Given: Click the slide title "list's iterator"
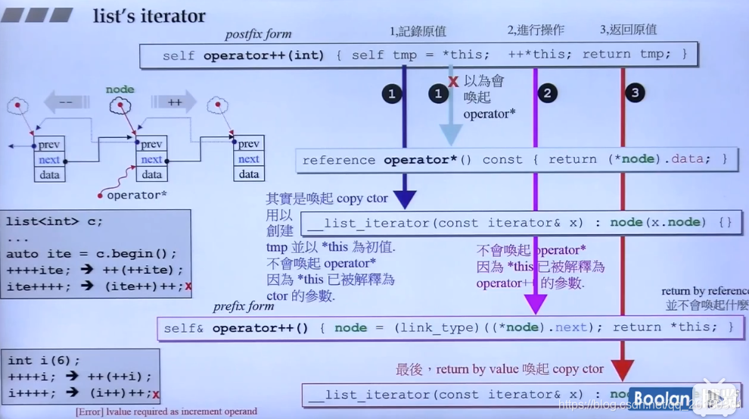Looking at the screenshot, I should (x=149, y=16).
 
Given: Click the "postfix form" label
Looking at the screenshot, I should (x=258, y=34).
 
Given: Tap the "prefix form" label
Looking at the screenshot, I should (x=243, y=306).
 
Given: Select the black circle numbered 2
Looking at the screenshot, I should (x=546, y=93).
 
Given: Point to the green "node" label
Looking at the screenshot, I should (x=120, y=89).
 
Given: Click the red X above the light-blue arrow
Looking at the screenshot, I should (x=453, y=80).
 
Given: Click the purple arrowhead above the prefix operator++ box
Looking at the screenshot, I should (x=536, y=304).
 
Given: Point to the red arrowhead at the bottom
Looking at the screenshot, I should (x=622, y=371).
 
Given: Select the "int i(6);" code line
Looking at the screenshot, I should (x=44, y=360).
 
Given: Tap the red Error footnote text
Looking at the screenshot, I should (x=166, y=411).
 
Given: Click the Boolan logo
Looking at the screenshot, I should (x=662, y=399).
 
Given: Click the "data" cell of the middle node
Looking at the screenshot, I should (x=151, y=174).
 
